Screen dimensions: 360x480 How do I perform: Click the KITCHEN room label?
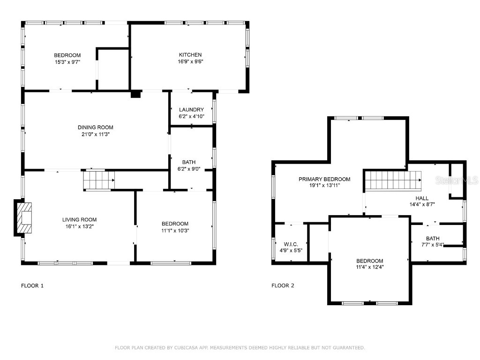pos(190,55)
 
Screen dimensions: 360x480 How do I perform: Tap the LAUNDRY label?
pos(191,110)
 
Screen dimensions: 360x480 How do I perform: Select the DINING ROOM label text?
pos(95,127)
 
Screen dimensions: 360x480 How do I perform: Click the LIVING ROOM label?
pos(79,219)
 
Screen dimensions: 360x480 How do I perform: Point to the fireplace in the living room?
pos(24,218)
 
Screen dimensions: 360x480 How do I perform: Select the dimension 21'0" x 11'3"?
pos(95,135)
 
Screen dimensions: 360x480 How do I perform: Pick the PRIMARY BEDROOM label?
pos(324,179)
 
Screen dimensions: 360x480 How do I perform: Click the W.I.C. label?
pos(291,244)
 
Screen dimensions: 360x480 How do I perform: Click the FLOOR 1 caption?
pos(32,285)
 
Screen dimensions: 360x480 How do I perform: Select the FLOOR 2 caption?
pos(283,285)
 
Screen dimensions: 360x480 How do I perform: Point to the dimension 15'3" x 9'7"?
pos(67,61)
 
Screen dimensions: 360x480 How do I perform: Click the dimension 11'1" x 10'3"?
pos(175,230)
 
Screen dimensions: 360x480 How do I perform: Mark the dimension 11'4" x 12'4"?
pos(369,268)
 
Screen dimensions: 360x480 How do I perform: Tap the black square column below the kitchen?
pos(135,94)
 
